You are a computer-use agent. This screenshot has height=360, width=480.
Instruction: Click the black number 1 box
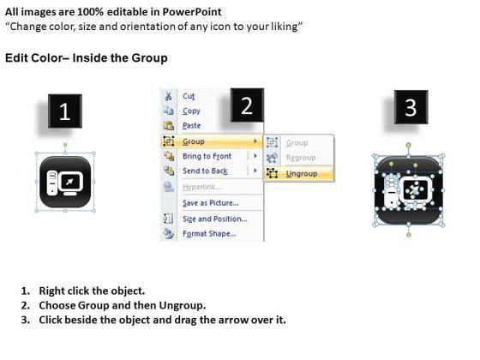click(x=65, y=111)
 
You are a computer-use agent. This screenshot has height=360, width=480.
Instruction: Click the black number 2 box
click(x=247, y=105)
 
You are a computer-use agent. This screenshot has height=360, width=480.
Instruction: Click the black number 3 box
click(x=411, y=107)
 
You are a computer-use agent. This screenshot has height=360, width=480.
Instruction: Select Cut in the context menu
click(x=189, y=96)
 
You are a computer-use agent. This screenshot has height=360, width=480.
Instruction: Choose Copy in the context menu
click(x=191, y=111)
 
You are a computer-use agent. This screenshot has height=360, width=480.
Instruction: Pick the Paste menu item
click(x=192, y=125)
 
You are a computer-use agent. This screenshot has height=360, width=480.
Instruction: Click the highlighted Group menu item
click(x=212, y=141)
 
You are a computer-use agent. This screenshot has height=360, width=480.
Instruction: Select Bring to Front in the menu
click(x=207, y=156)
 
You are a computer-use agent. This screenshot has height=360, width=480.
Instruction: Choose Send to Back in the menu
click(x=205, y=171)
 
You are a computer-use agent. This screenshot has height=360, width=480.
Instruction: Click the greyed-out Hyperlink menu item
click(x=201, y=187)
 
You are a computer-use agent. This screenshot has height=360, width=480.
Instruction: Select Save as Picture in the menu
click(x=211, y=203)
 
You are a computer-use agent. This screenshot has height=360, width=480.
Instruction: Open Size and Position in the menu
click(x=215, y=219)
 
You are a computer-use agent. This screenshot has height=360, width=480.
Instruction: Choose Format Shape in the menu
click(x=209, y=233)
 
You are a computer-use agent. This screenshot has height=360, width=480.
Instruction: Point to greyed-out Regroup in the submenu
click(x=301, y=158)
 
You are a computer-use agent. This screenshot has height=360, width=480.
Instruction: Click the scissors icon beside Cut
click(x=168, y=96)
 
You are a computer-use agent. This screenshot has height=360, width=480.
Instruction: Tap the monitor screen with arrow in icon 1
click(x=70, y=182)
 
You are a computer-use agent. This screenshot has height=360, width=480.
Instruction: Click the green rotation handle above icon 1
click(x=65, y=145)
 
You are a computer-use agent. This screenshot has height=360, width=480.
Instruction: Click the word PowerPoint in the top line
click(x=192, y=12)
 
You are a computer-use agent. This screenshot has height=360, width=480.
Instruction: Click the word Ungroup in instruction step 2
click(x=182, y=305)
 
